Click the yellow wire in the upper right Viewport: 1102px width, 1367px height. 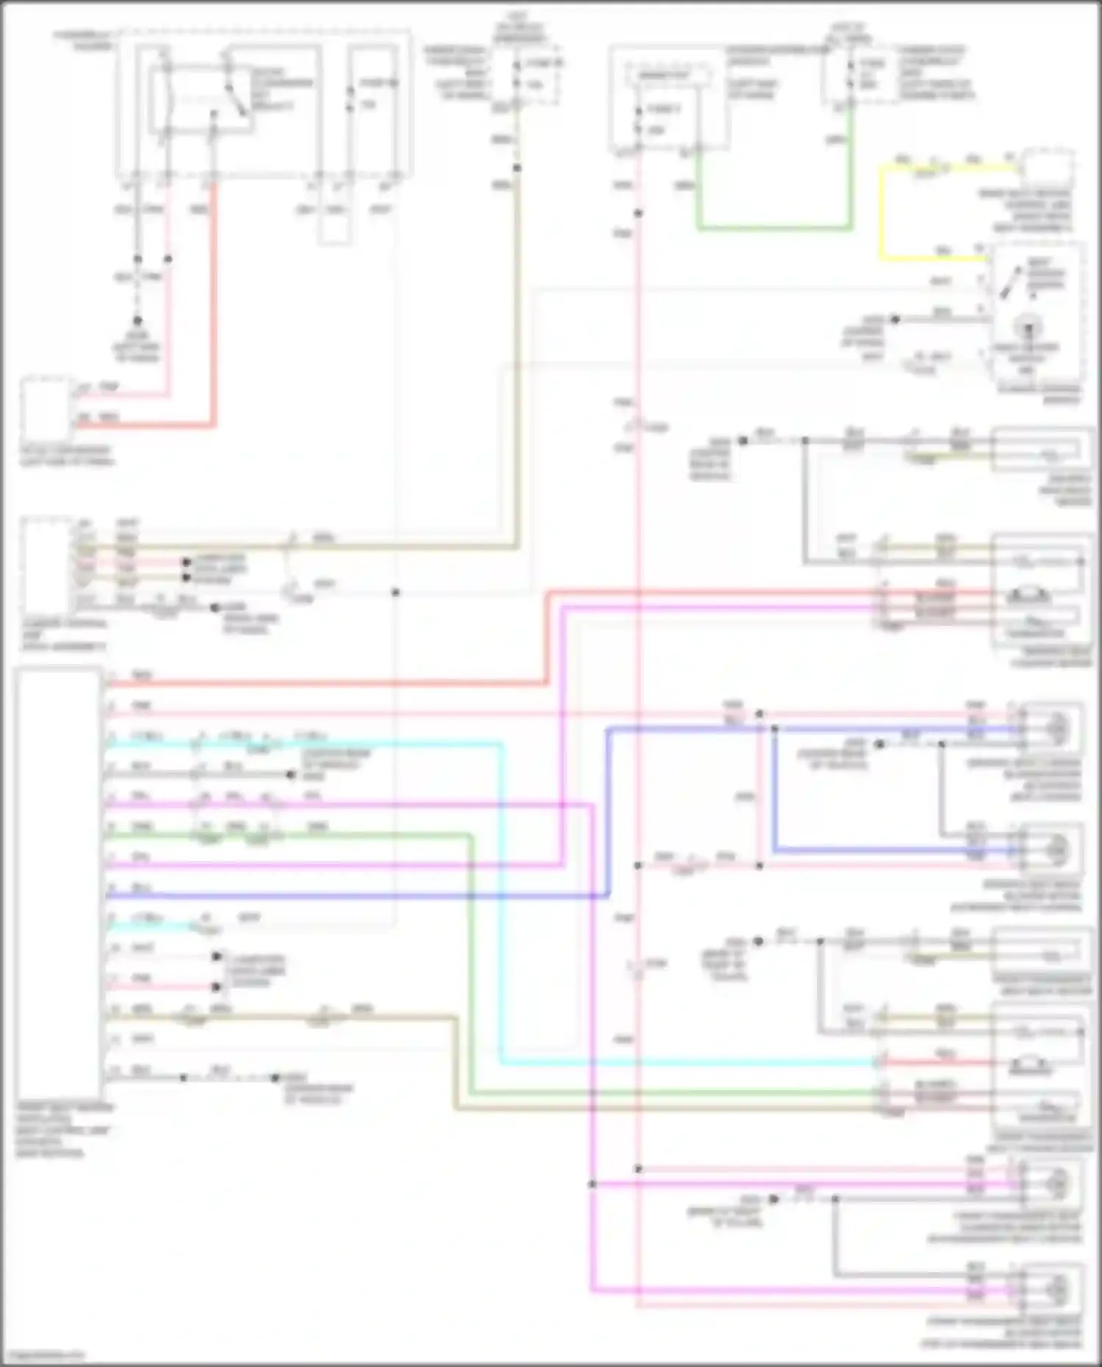pos(881,213)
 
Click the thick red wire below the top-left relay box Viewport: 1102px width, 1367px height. pos(215,309)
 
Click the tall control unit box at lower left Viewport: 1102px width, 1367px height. pos(59,881)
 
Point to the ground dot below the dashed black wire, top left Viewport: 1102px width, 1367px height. pos(137,321)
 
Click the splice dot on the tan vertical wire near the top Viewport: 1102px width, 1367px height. pos(516,168)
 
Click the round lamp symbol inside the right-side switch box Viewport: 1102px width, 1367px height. pos(1026,326)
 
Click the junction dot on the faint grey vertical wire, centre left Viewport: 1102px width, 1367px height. pos(395,592)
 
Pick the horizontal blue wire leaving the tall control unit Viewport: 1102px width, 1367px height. pos(353,896)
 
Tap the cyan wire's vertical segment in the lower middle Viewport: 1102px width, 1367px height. pos(501,903)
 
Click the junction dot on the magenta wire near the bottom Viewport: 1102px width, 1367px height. pos(592,1184)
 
